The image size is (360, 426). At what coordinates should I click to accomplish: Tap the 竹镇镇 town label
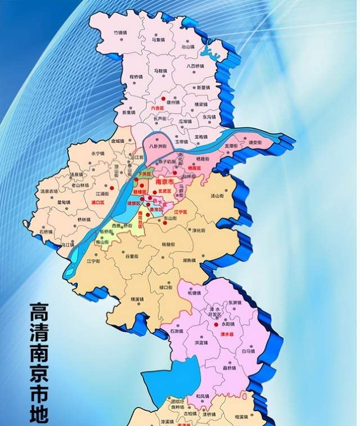(120, 33)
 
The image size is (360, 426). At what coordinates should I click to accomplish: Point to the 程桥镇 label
(137, 77)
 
